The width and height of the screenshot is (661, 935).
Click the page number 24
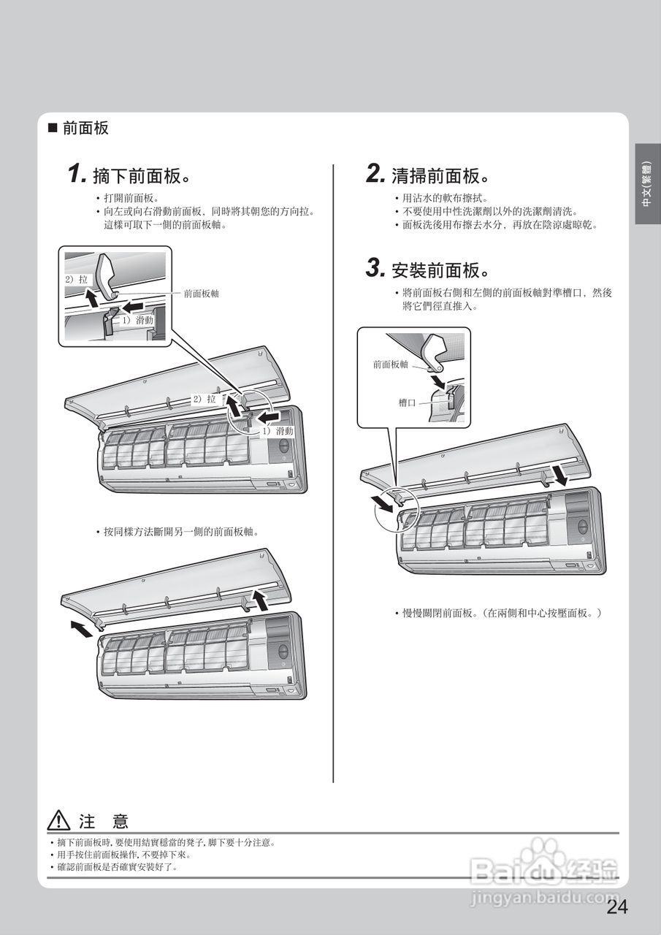pos(616,907)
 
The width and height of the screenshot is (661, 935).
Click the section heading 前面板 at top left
pos(85,129)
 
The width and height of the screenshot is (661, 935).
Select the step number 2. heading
pos(375,175)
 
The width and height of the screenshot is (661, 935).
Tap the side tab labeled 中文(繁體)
pos(647,184)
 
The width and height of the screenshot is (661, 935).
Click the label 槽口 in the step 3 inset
pos(408,402)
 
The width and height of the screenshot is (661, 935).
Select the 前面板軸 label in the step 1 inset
pos(201,294)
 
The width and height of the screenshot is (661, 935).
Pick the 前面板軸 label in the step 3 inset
pos(391,364)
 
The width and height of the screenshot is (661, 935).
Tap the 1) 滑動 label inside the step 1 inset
pos(137,320)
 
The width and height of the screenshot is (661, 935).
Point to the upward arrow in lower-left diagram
pos(259,599)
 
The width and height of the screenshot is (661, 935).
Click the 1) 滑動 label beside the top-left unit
pos(277,431)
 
